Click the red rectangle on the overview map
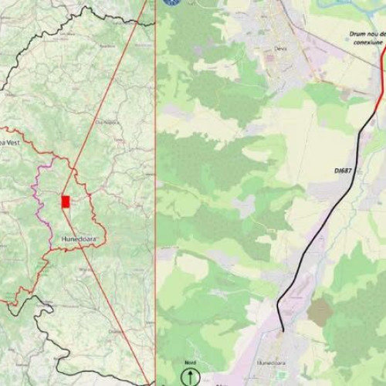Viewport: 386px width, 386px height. [66, 201]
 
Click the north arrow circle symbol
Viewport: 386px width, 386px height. [191, 377]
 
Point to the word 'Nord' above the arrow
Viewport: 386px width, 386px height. [191, 362]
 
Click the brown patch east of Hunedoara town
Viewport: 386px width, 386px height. [320, 311]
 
